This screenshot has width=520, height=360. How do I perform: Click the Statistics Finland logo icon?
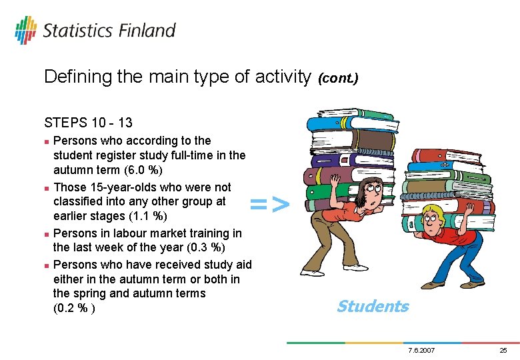pos(26,30)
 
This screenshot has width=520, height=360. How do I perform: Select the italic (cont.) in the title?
pos(338,78)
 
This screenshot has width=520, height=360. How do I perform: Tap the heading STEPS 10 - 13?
pos(88,123)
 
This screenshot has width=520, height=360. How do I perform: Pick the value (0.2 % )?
pos(73,309)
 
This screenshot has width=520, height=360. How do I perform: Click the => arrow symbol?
pos(270,204)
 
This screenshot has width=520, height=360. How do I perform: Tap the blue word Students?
pos(372,306)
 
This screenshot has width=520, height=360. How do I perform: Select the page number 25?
pos(503,350)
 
